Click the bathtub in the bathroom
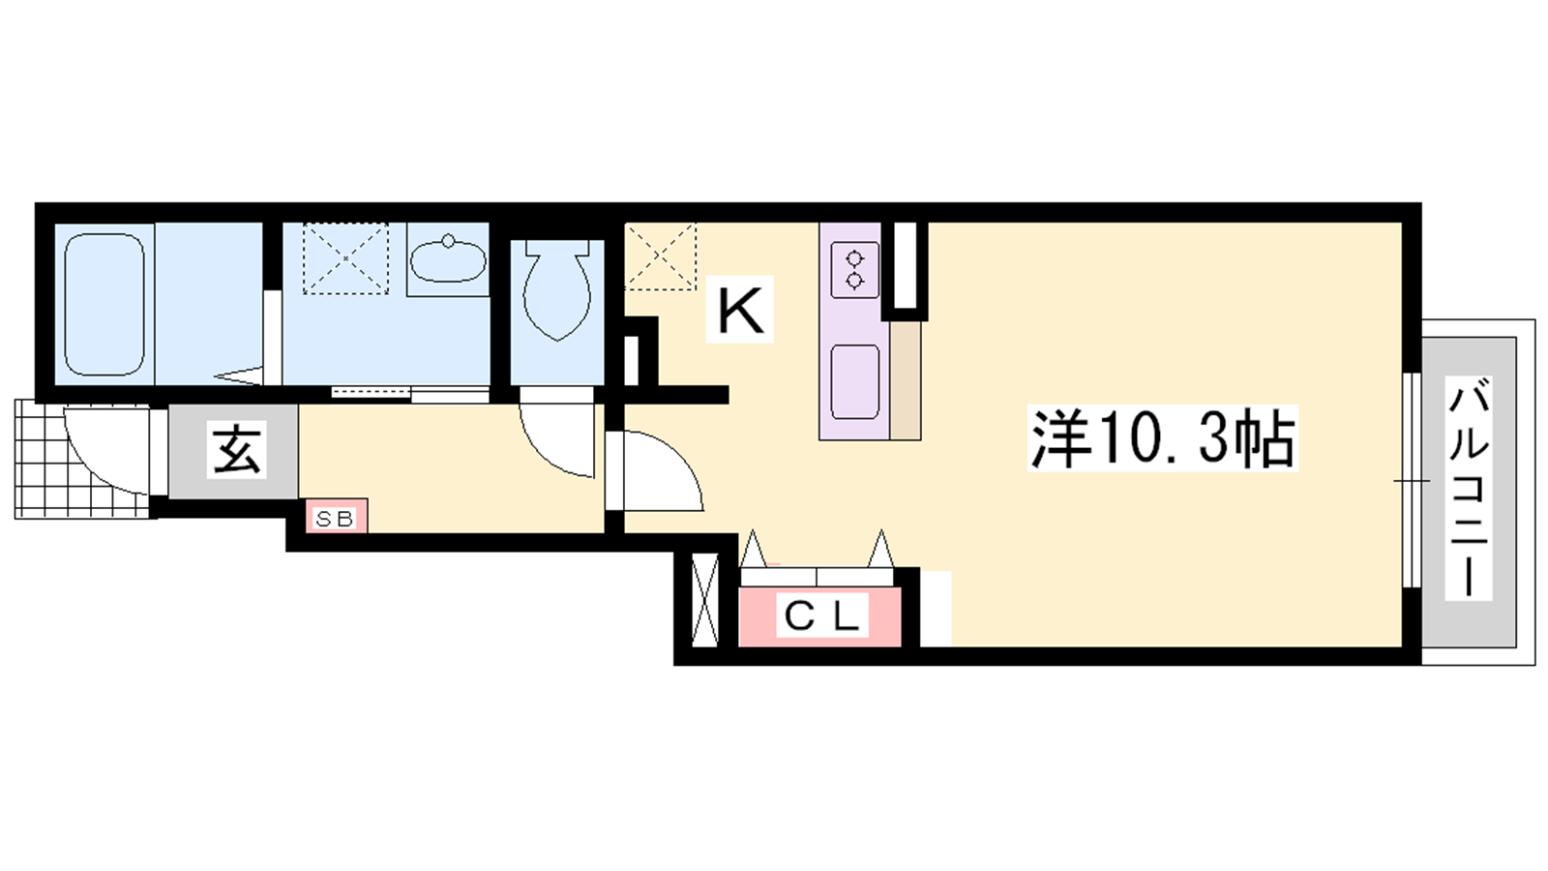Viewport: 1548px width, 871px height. click(104, 305)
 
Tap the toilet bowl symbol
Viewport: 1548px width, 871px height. click(557, 290)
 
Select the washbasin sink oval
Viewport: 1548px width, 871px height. click(448, 260)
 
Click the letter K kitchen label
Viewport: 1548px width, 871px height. click(739, 309)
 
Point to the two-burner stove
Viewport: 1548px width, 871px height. click(855, 270)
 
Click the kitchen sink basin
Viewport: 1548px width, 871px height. click(855, 382)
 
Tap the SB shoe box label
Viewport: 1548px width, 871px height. click(335, 518)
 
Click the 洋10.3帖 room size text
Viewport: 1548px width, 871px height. click(1162, 438)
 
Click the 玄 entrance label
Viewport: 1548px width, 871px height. click(237, 450)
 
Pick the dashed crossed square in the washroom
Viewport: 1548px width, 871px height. click(345, 257)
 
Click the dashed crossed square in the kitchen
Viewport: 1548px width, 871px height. click(660, 256)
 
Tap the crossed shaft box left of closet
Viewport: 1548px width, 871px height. click(705, 599)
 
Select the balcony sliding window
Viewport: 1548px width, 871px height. click(1412, 480)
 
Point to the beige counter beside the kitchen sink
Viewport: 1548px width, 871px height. click(906, 380)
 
